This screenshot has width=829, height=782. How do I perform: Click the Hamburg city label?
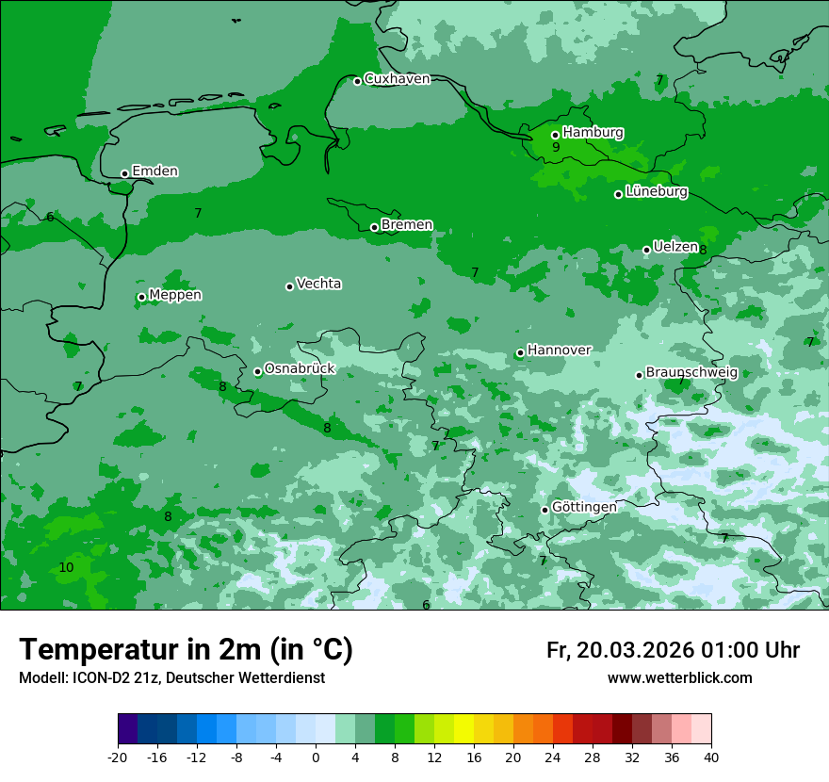(x=593, y=133)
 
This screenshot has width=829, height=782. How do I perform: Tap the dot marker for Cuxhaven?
(x=357, y=81)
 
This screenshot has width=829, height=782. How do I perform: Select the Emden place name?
(x=154, y=171)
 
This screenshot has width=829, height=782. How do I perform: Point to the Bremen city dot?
(x=374, y=227)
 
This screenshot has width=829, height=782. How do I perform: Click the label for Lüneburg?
(x=656, y=192)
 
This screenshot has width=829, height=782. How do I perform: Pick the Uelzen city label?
(x=675, y=247)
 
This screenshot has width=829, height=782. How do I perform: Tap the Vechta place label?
(x=318, y=284)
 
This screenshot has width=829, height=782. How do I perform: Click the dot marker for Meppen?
(x=141, y=297)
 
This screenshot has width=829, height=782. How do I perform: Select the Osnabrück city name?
(x=300, y=369)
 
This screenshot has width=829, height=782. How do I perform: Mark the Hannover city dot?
(x=520, y=353)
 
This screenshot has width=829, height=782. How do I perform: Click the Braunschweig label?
(x=691, y=373)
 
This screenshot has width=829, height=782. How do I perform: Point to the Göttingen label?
(x=584, y=507)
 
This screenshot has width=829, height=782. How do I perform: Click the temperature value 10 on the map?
(x=66, y=567)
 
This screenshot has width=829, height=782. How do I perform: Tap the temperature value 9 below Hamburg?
(x=556, y=147)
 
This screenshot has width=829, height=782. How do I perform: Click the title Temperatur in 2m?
(x=186, y=650)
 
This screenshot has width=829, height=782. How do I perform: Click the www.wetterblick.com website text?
(x=679, y=678)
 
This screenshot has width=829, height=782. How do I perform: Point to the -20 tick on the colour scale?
(x=118, y=757)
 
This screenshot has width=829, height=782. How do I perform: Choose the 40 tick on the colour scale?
(x=711, y=757)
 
